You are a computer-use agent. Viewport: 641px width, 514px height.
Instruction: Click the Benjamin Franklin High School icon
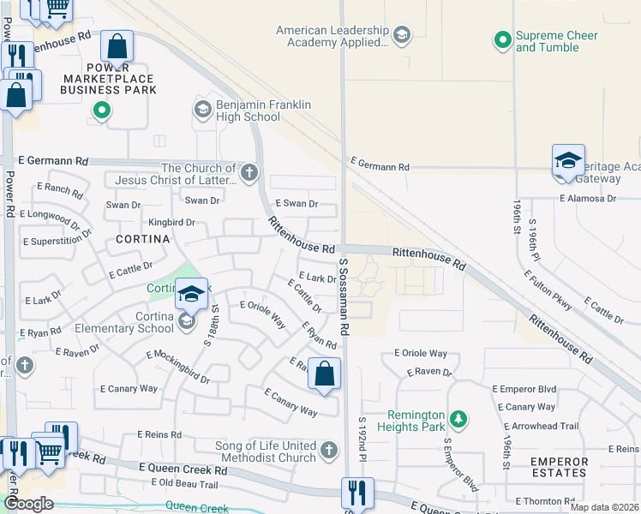pyautogui.click(x=202, y=110)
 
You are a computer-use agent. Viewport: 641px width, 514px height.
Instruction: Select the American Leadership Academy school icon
pyautogui.click(x=401, y=35)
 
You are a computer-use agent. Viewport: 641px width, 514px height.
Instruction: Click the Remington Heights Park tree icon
pyautogui.click(x=460, y=418)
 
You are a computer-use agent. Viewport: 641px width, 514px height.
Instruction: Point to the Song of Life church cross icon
pyautogui.click(x=328, y=451)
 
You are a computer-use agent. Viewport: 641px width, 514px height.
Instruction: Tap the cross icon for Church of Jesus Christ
pyautogui.click(x=249, y=174)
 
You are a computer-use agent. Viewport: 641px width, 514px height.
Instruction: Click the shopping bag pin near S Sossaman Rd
pyautogui.click(x=324, y=374)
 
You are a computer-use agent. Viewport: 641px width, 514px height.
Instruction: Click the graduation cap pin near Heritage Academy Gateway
pyautogui.click(x=567, y=160)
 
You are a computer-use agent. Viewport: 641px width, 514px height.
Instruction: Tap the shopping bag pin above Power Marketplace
pyautogui.click(x=117, y=46)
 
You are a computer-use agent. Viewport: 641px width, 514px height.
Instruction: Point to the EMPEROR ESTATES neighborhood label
pyautogui.click(x=559, y=467)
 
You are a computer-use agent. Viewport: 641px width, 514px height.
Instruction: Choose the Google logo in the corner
pyautogui.click(x=28, y=504)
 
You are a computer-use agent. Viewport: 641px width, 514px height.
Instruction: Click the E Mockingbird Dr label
pyautogui.click(x=177, y=367)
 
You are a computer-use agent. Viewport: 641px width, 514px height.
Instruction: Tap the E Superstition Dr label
pyautogui.click(x=59, y=242)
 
